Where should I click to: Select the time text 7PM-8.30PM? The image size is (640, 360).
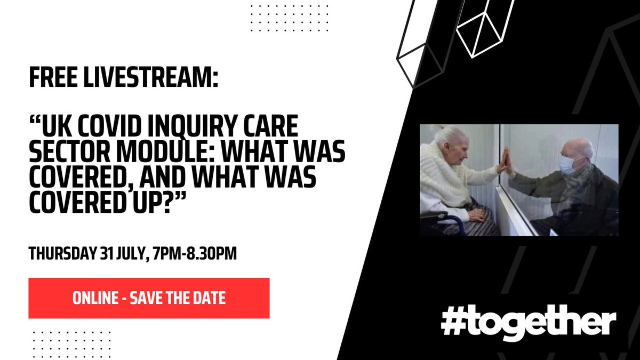(195, 253)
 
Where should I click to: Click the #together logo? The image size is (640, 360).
(529, 322)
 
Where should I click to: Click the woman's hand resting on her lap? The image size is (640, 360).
(478, 214)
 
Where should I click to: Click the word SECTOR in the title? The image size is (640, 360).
(70, 151)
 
